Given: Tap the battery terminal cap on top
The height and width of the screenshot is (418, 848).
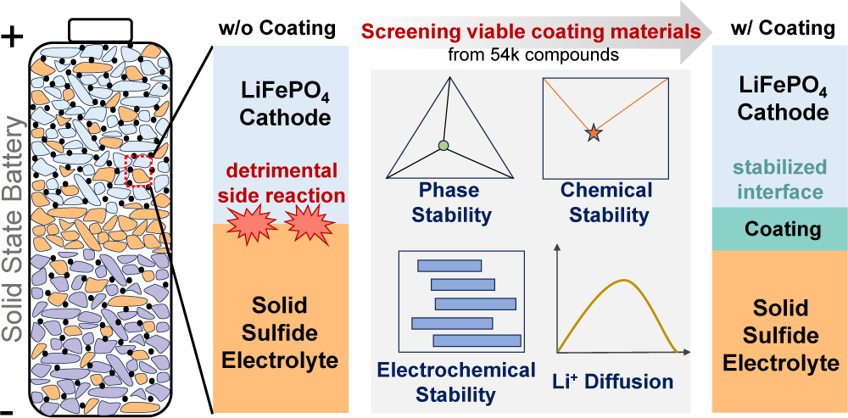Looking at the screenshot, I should point(101,28).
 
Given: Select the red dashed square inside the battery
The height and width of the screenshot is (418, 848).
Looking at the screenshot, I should point(137,170).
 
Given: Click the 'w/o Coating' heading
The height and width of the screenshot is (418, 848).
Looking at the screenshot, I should point(276,27).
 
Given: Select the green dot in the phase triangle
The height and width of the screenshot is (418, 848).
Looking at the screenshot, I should point(443,146).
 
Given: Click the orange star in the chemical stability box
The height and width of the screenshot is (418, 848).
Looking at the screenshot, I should point(593,131).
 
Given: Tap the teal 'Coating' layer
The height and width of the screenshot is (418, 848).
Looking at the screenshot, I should point(779,229).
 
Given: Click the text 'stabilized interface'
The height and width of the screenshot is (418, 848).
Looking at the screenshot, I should point(779,179).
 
